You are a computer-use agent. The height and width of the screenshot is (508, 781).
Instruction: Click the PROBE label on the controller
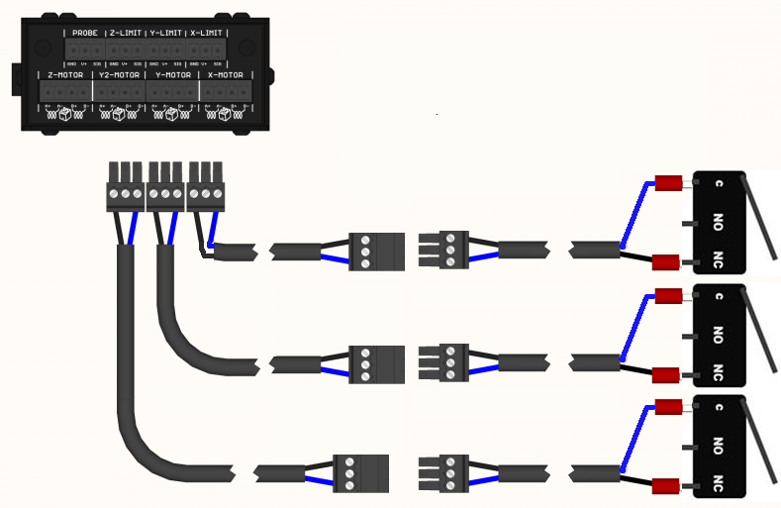point(85,33)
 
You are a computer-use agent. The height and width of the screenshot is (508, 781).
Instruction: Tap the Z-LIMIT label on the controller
point(126,33)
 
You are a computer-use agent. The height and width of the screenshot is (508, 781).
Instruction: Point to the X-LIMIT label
point(207,33)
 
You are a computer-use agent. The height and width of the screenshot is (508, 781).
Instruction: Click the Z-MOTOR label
point(65,74)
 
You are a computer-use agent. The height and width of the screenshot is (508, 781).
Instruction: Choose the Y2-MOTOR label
point(119,74)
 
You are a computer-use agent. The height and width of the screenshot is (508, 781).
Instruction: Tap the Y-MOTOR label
point(172,74)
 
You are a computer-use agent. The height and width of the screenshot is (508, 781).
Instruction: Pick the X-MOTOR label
point(226,74)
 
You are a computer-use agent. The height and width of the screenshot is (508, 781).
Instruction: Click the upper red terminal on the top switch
point(670,182)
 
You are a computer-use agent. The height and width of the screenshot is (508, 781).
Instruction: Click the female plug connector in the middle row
point(377,362)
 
